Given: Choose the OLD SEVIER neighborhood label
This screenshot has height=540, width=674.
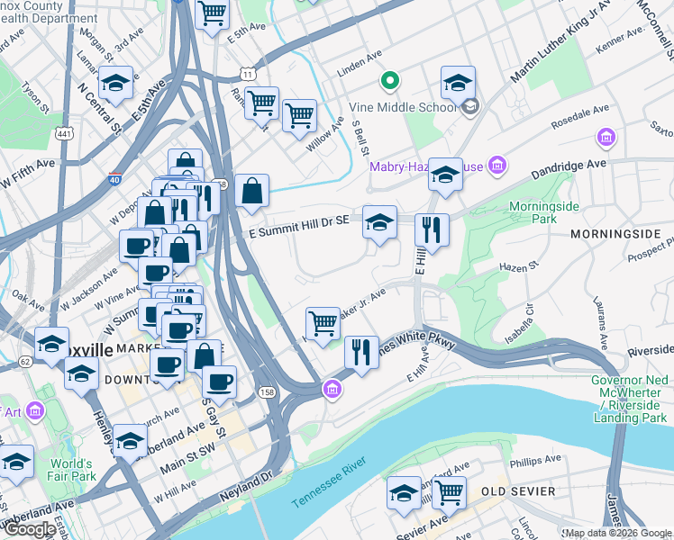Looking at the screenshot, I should [x=515, y=490].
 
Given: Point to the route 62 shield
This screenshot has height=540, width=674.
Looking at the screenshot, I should [x=24, y=361].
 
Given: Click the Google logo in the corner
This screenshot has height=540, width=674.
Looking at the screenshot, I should [x=31, y=529].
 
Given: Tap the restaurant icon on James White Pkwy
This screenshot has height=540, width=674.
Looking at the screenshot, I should [x=361, y=351].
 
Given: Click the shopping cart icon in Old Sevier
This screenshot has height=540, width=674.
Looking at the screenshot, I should [x=448, y=491].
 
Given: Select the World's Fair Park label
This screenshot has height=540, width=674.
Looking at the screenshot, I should [x=71, y=470].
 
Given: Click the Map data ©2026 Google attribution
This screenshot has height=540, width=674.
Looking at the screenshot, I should [x=617, y=533].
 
